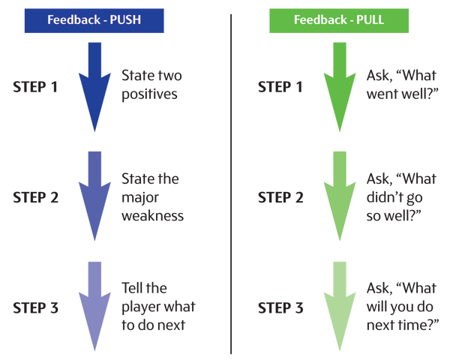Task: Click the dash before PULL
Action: pyautogui.click(x=349, y=20)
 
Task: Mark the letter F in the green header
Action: pyautogui.click(x=297, y=20)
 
